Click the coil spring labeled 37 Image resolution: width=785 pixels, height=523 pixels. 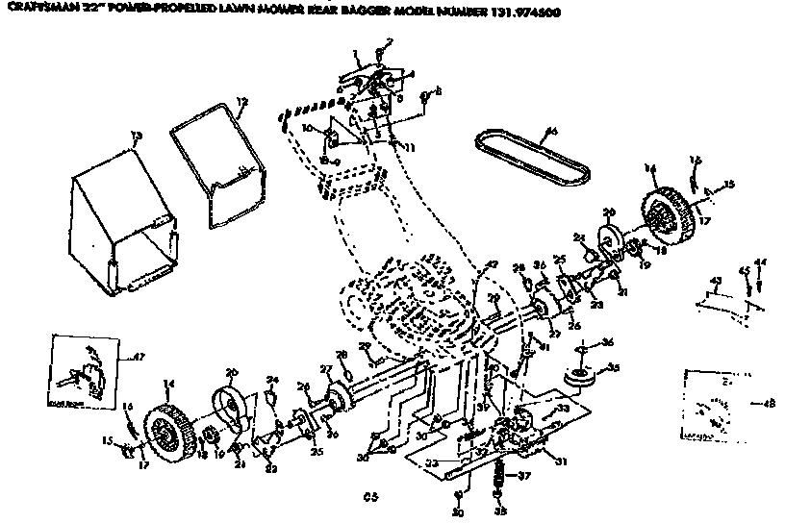click(x=497, y=474)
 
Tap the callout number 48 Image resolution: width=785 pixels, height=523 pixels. click(x=767, y=402)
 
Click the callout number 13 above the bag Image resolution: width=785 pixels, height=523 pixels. click(x=136, y=134)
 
